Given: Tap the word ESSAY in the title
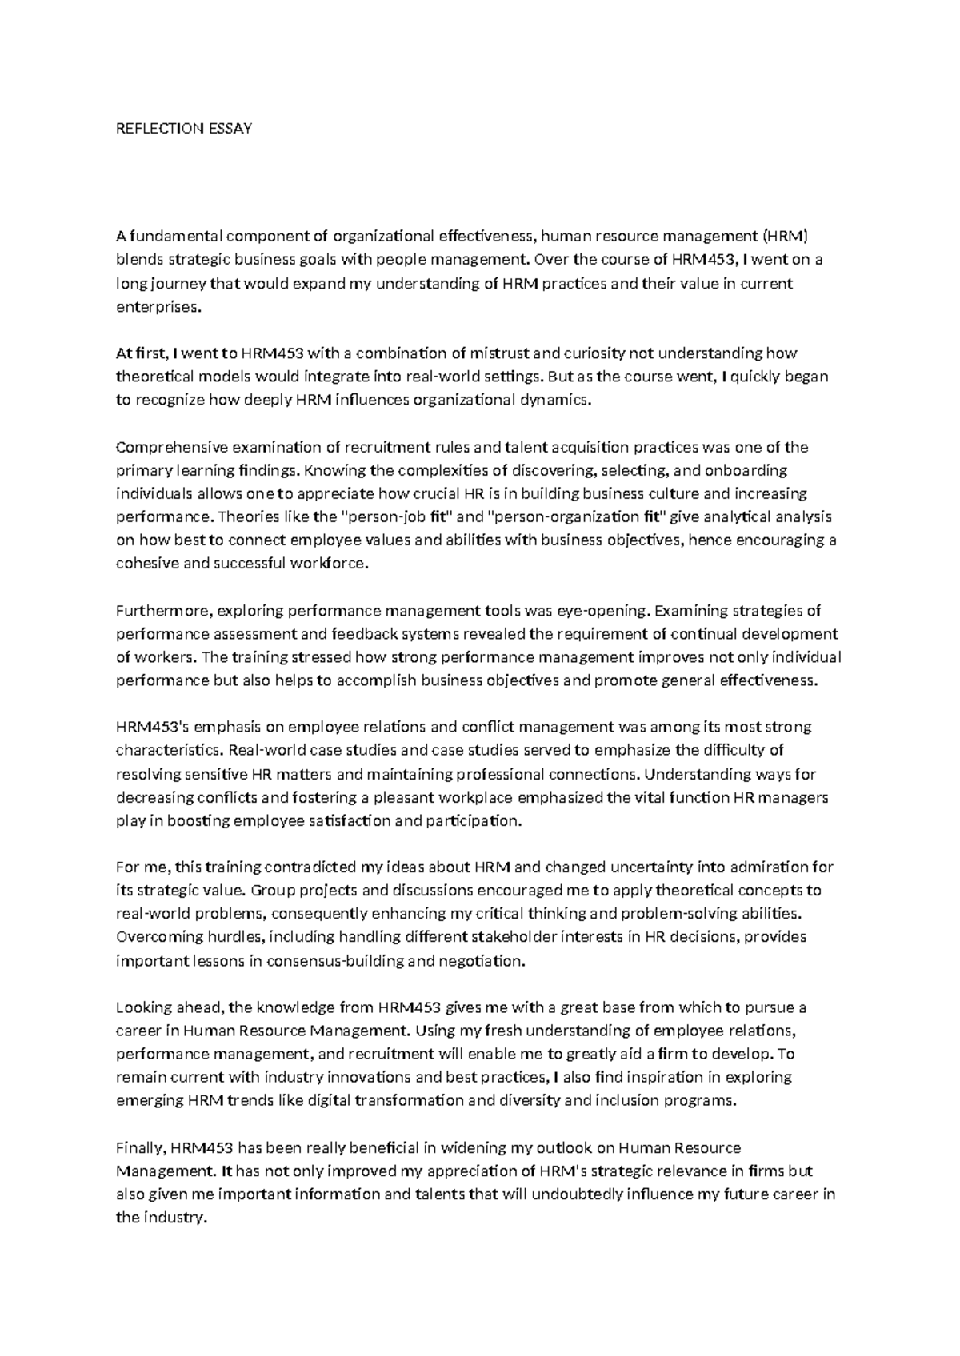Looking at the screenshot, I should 230,128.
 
